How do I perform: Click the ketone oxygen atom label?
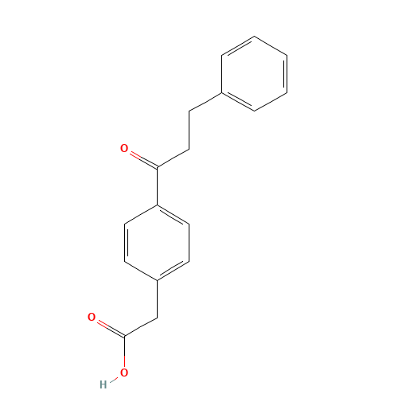coord(124,148)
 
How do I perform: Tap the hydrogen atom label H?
coord(103,384)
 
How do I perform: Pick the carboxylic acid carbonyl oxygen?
coord(92,317)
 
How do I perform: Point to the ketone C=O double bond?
coord(141,158)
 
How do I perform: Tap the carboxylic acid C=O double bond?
coord(108,326)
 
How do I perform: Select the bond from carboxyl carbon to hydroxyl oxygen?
coord(124,354)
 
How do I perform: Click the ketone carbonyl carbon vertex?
coord(157,167)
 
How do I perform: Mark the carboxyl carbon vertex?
coord(124,336)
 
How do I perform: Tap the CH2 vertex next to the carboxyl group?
coord(157,318)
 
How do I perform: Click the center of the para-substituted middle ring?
coord(157,243)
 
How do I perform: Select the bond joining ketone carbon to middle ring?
coord(157,186)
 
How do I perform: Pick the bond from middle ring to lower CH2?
coord(157,298)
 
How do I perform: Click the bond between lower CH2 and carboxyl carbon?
coord(141,326)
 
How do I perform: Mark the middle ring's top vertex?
coord(157,205)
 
